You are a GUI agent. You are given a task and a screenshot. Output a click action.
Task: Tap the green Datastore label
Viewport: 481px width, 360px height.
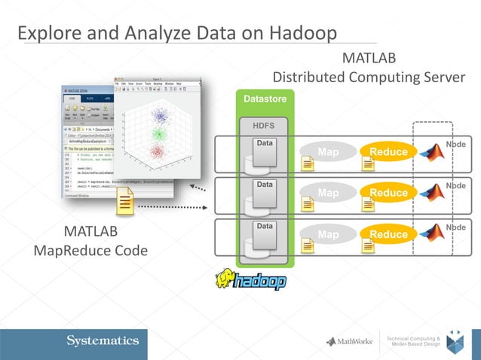(265, 99)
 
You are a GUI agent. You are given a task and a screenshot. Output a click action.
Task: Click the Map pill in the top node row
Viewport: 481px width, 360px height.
(328, 152)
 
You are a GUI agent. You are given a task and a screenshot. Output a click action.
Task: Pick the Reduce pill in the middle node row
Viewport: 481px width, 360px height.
(388, 193)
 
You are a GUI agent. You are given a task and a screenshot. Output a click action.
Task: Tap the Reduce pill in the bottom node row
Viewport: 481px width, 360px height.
(388, 234)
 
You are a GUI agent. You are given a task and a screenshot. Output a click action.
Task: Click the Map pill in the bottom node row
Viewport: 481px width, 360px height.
(328, 234)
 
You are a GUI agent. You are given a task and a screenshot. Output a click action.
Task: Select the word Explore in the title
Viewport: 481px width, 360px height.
(48, 34)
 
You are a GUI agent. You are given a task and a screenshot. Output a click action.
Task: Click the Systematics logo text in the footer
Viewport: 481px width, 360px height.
(103, 341)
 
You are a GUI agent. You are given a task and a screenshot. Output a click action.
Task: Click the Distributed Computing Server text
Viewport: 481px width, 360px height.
(369, 78)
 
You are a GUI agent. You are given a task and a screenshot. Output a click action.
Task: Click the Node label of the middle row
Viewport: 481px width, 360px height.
(455, 185)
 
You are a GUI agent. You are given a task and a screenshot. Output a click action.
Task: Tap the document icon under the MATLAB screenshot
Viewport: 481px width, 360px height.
(125, 203)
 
